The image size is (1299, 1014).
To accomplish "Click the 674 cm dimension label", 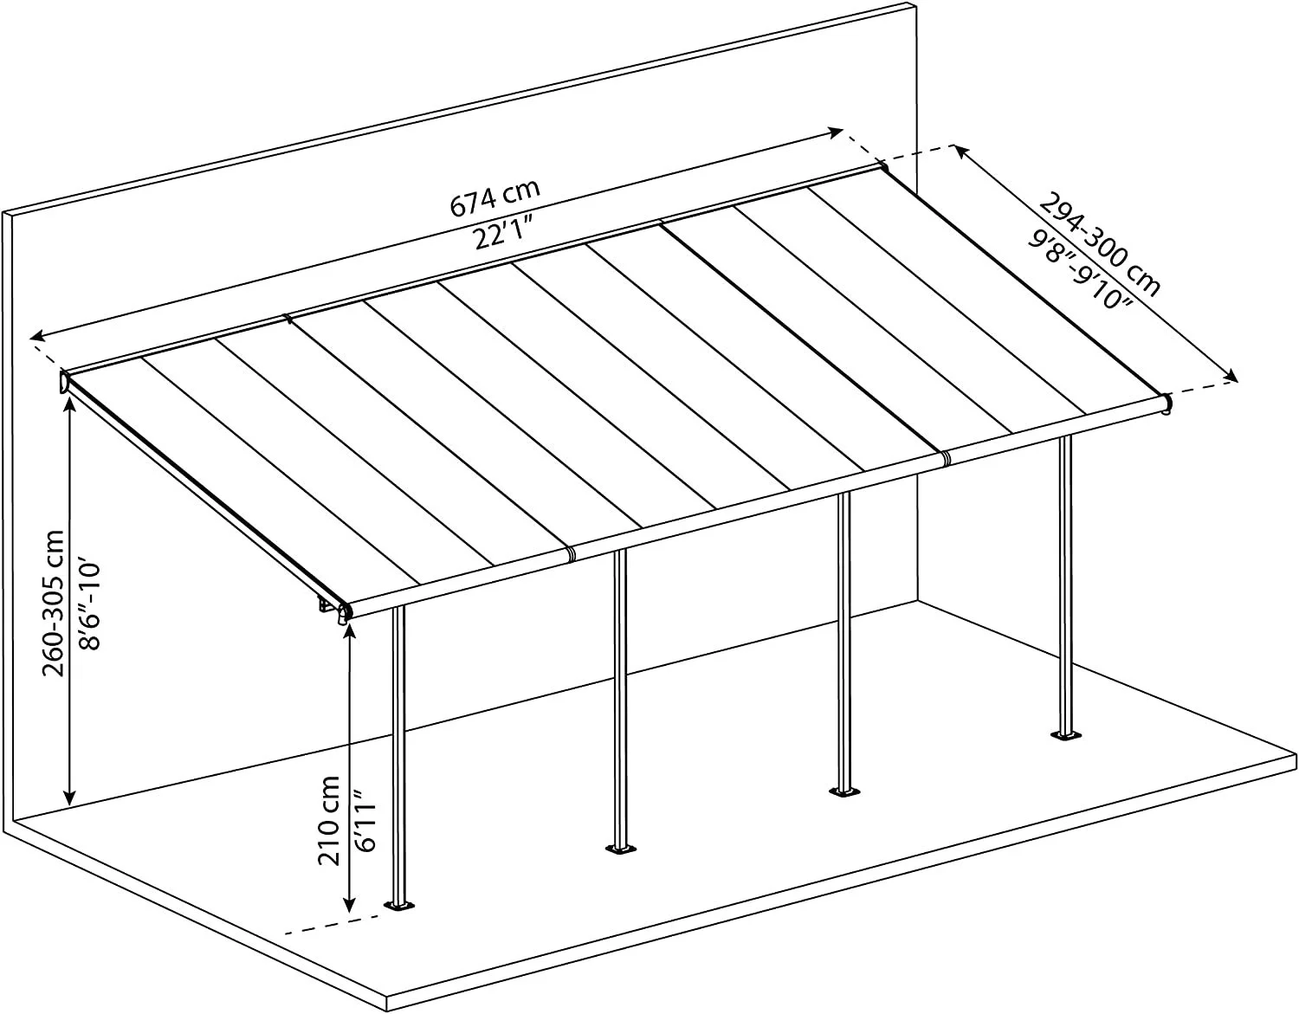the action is (x=495, y=197).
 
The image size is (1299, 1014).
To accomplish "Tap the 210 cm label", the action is (x=328, y=820).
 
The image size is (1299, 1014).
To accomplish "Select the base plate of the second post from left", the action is (x=621, y=849).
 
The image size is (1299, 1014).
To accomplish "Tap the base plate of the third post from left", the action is (x=843, y=793).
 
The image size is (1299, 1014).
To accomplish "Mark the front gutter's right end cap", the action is (x=1167, y=404).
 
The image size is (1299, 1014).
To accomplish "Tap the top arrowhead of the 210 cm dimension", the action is (x=349, y=634).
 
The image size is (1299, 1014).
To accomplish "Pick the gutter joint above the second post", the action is (x=572, y=552).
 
